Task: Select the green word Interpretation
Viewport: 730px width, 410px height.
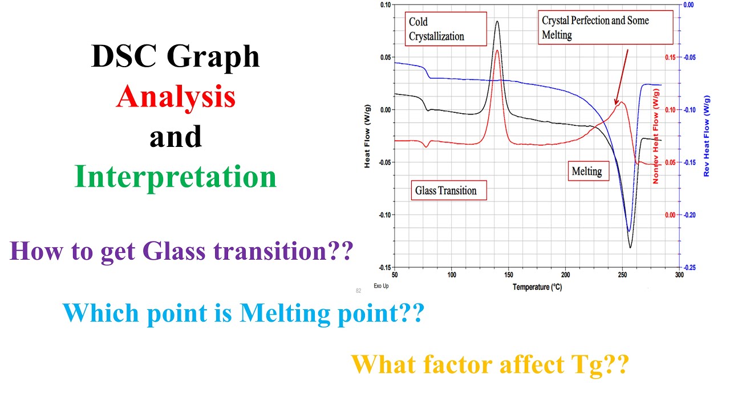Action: pyautogui.click(x=176, y=177)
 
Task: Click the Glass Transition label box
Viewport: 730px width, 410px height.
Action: pyautogui.click(x=449, y=190)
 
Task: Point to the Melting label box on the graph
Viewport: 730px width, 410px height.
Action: pyautogui.click(x=587, y=170)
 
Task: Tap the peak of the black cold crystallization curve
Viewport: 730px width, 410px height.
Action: pyautogui.click(x=497, y=22)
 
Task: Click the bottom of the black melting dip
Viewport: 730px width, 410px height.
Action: pyautogui.click(x=630, y=247)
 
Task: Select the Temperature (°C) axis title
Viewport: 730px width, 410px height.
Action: pyautogui.click(x=537, y=287)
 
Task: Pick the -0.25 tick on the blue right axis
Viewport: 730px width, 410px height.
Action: pyautogui.click(x=688, y=268)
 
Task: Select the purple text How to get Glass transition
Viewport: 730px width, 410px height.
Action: pyautogui.click(x=180, y=251)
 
